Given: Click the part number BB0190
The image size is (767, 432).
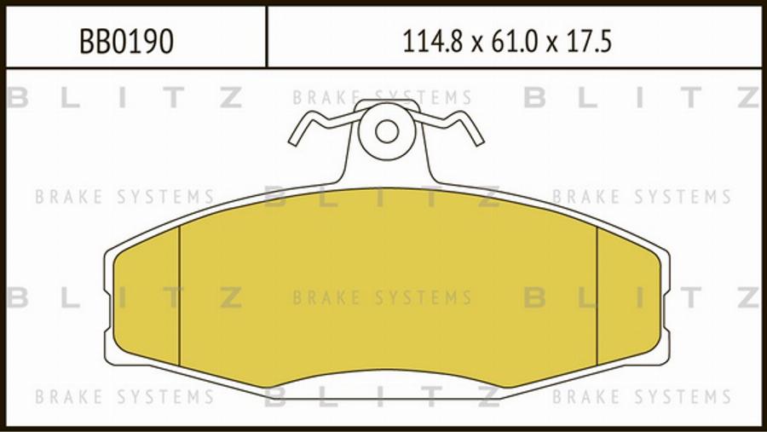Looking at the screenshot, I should [x=126, y=40].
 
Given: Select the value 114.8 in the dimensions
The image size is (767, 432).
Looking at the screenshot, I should [x=430, y=40].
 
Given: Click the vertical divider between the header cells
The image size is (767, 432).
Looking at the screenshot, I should [x=267, y=37].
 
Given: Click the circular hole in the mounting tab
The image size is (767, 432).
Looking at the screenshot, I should [x=387, y=131].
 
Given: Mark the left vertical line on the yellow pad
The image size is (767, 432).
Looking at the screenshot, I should [x=179, y=294].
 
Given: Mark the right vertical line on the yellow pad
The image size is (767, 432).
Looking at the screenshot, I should [x=597, y=294].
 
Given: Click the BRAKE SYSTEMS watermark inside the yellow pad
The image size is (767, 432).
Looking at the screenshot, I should [x=382, y=297].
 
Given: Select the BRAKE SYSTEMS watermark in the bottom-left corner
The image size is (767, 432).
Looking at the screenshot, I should [x=124, y=397].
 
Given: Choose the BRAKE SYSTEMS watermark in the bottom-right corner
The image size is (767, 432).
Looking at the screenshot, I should [x=642, y=397].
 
